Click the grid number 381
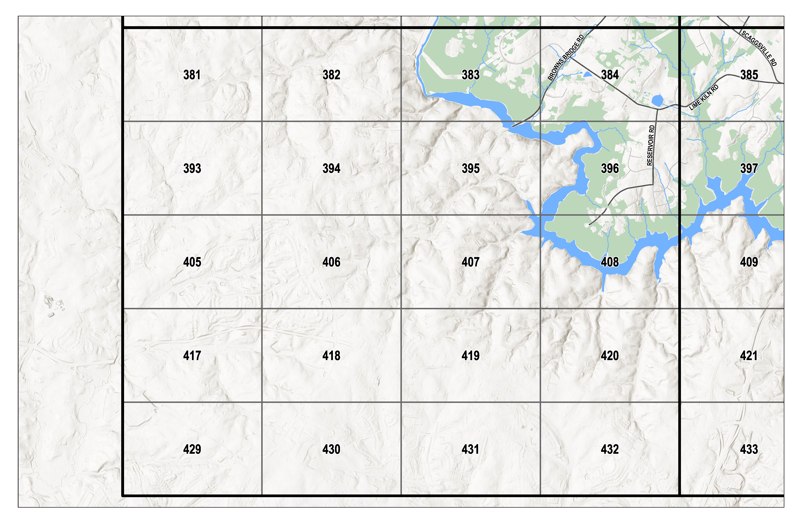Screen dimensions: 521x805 [192, 75]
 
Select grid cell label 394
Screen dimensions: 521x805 [331, 168]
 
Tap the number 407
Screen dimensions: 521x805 [471, 262]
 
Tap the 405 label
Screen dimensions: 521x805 [192, 262]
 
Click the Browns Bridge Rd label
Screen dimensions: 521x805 [566, 57]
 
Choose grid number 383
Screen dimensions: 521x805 [471, 75]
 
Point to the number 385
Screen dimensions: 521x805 [749, 75]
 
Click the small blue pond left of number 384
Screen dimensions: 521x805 [587, 74]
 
